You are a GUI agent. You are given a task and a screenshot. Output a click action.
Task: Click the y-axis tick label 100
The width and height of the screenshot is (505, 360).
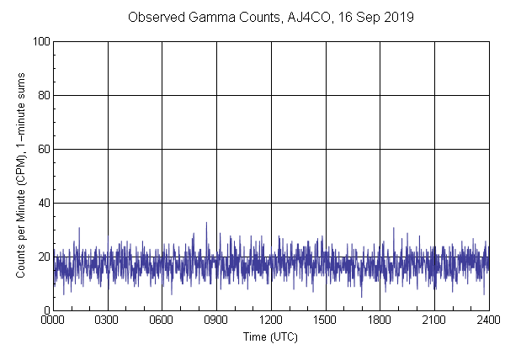coord(40,41)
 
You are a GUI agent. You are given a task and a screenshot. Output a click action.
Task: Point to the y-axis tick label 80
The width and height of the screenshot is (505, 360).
coord(42,95)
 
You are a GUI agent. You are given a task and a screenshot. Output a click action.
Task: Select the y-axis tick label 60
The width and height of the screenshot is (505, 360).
coord(42,149)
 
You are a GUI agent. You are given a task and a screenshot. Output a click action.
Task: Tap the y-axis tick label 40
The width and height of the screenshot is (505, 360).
coord(42,203)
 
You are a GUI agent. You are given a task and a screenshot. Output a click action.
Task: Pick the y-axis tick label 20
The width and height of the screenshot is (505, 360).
coord(42,257)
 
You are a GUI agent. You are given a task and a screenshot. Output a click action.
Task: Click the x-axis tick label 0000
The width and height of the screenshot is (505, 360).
coord(53,321)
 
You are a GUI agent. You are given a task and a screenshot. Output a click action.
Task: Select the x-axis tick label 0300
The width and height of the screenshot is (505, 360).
coord(108,321)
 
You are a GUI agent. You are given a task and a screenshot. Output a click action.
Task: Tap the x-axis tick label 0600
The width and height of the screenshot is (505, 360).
coord(162,321)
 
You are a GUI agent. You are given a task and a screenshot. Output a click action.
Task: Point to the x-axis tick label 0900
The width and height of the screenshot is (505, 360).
coord(216,321)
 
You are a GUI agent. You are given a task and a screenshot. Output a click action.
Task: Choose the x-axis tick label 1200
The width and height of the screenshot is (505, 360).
coord(271,321)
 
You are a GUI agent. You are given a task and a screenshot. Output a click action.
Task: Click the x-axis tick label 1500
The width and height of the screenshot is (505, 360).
coord(326,321)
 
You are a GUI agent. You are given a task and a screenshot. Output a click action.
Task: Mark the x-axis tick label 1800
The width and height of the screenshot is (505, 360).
coord(380,321)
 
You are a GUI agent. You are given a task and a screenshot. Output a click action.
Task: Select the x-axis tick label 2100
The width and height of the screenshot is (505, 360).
coord(434,321)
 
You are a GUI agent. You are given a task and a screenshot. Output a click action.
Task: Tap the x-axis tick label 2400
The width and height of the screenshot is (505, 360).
coord(488,321)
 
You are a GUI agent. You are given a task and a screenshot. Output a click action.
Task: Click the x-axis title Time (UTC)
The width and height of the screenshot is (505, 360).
coord(270,336)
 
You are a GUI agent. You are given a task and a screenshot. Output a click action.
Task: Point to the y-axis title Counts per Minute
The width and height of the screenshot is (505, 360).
coord(20,176)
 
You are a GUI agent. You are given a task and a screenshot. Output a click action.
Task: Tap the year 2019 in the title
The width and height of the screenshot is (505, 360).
coord(397,17)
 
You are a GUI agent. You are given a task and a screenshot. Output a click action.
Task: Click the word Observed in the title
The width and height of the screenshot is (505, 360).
coord(153,17)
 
